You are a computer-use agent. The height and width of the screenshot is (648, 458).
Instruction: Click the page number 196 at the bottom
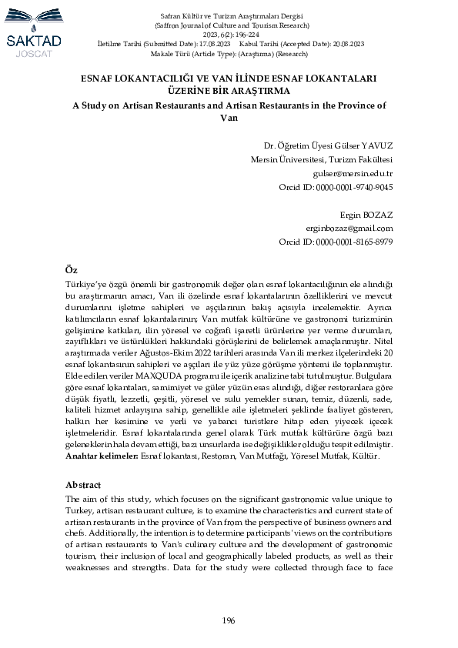pos(229,620)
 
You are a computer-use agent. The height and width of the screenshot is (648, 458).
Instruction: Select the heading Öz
pos(71,270)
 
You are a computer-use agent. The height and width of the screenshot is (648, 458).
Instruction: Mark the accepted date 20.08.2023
pos(339,45)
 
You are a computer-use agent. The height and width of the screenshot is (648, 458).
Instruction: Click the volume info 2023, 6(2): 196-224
pos(229,35)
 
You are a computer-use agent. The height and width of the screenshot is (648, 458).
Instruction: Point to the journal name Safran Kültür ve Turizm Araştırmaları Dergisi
pos(229,16)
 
